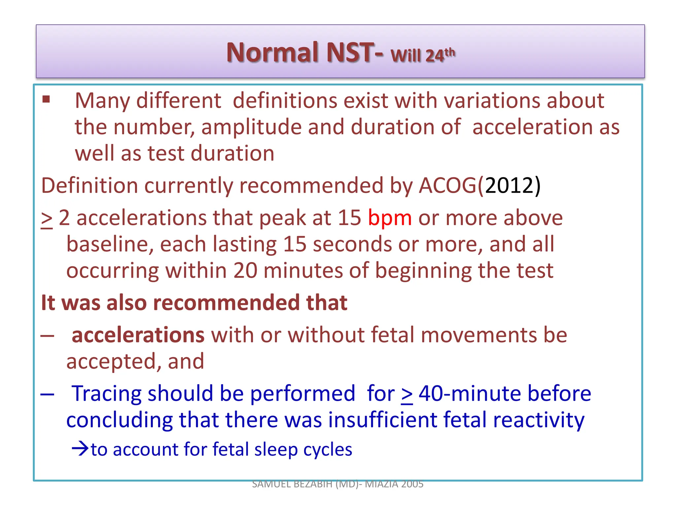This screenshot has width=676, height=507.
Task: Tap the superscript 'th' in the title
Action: [450, 52]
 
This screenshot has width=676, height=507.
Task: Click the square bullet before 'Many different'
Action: [46, 99]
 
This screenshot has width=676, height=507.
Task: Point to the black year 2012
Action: [509, 185]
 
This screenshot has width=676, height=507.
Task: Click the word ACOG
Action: [448, 185]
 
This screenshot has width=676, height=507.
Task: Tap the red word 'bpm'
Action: [390, 218]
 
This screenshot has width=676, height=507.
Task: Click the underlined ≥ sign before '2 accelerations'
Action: [47, 220]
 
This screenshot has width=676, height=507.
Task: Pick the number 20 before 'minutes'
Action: [245, 271]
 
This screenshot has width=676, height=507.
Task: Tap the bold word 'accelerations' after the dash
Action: [138, 335]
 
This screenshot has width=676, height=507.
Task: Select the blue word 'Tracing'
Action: [106, 394]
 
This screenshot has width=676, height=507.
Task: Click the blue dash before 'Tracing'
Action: [48, 394]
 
